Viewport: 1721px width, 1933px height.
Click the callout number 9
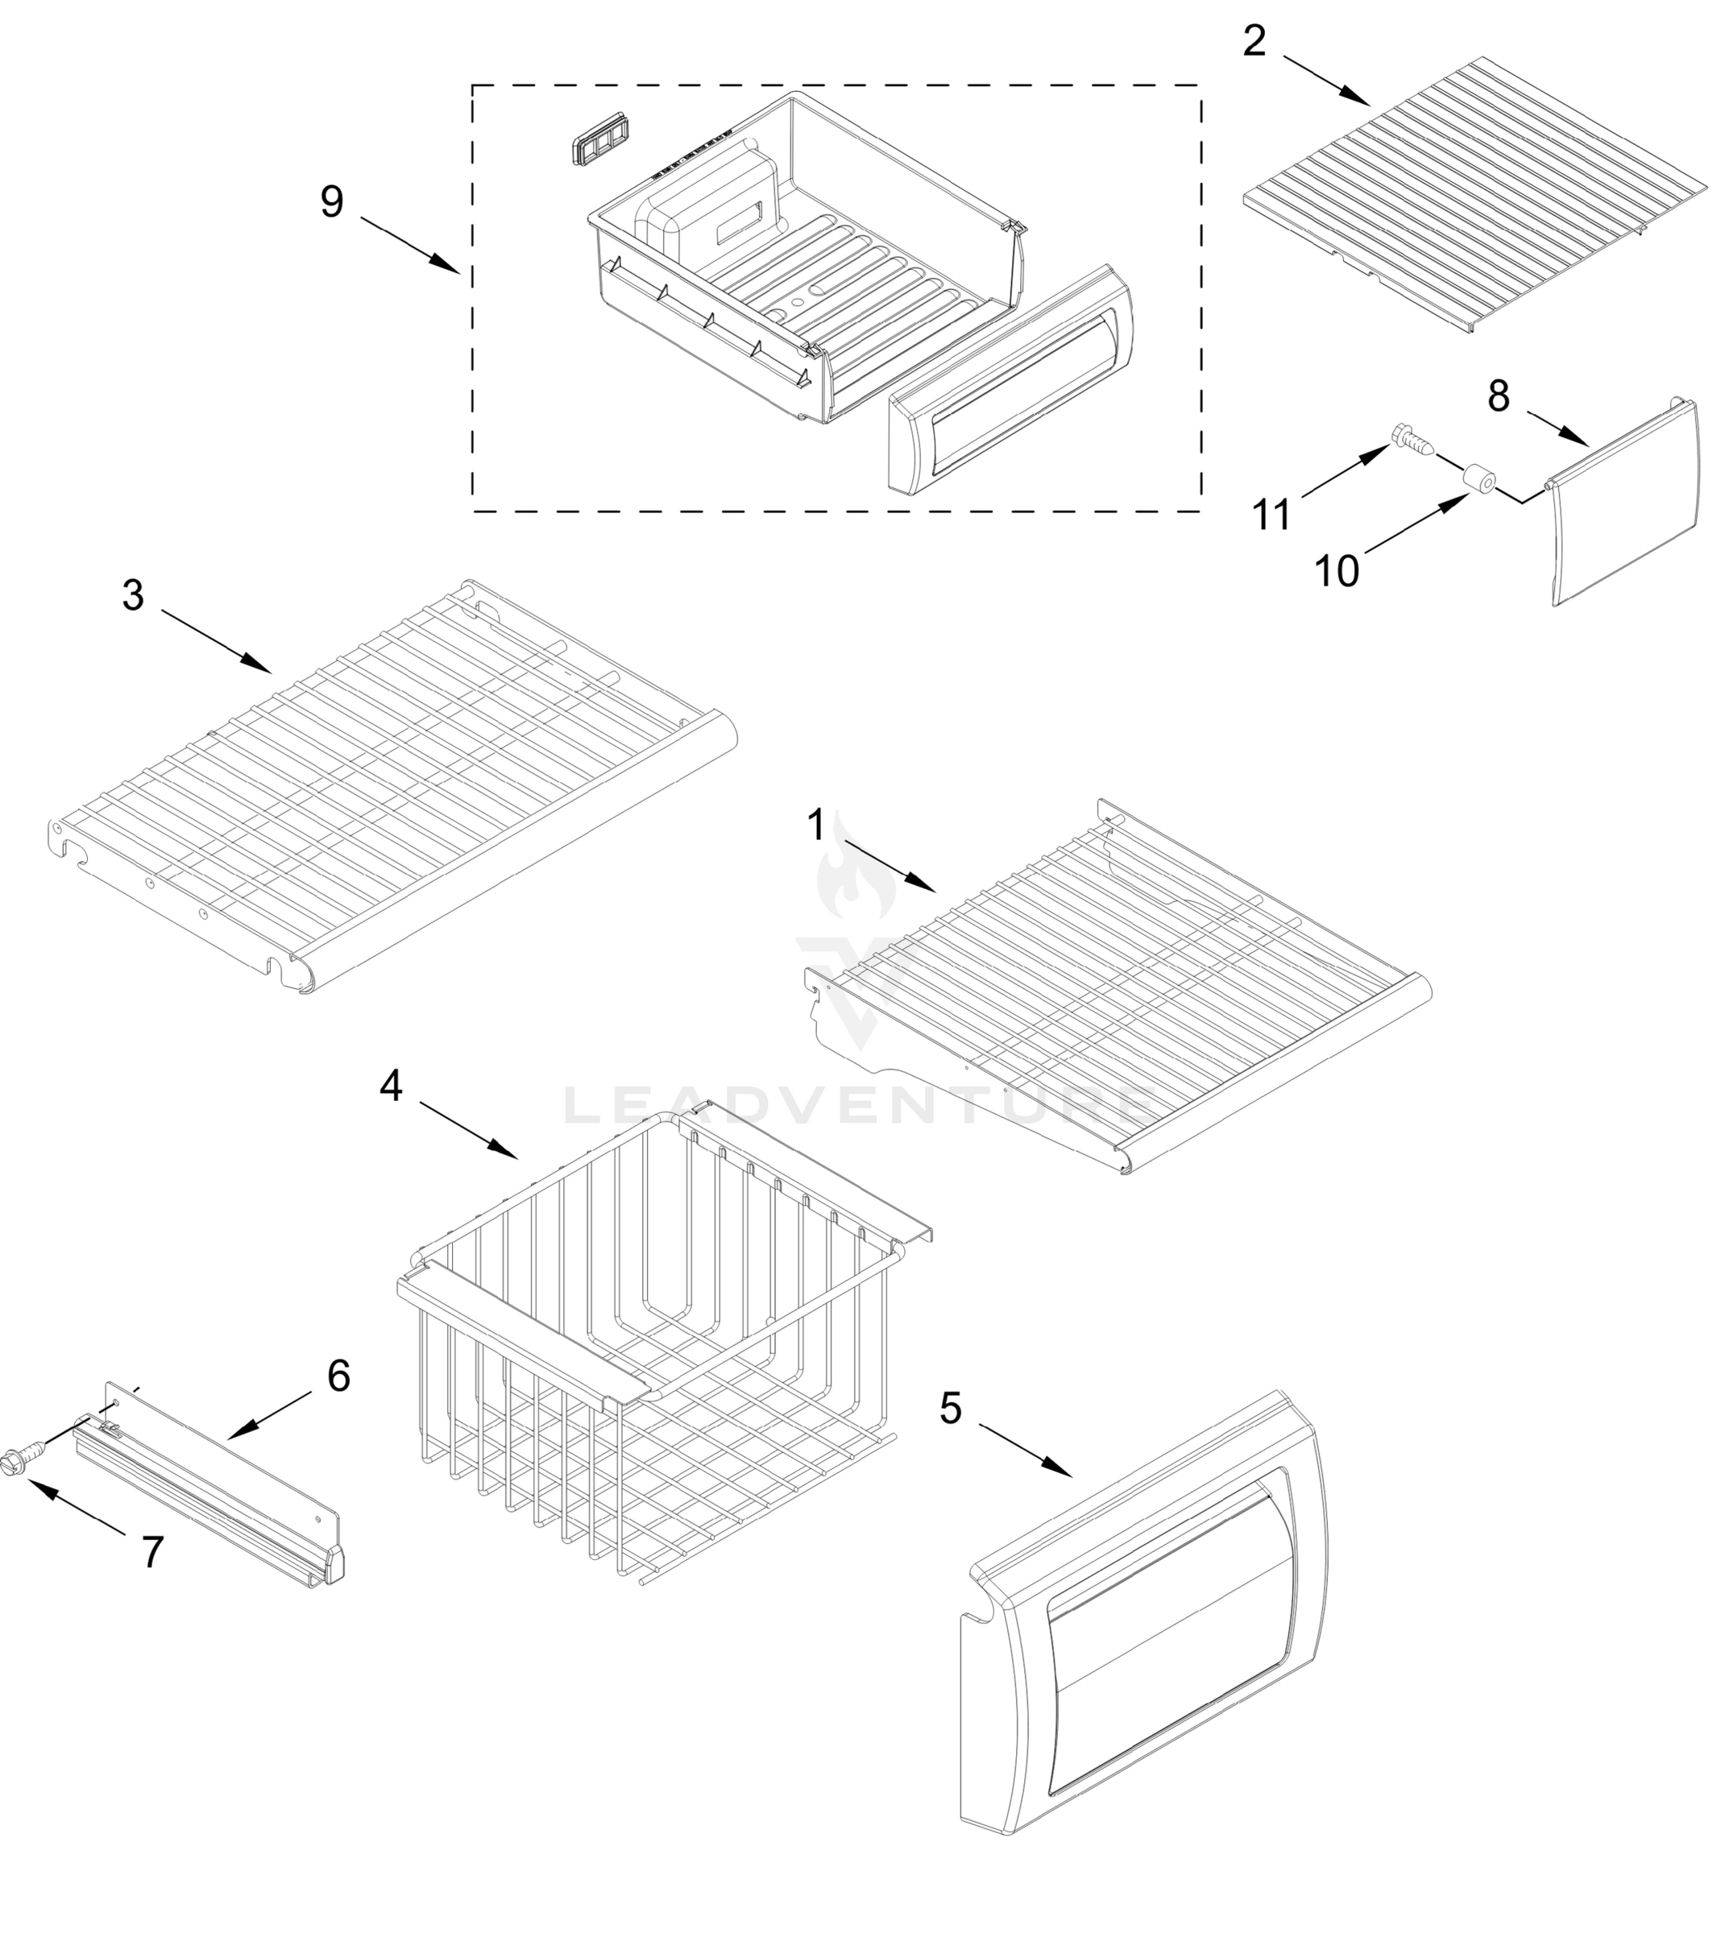tap(331, 201)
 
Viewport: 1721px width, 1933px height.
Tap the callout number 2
tap(1254, 40)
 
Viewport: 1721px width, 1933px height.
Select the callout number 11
tap(1271, 515)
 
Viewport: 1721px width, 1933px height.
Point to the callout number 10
tap(1337, 570)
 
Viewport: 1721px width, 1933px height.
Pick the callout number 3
tap(134, 595)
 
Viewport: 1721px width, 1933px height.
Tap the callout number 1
tap(815, 825)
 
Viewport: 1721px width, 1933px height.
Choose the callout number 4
tap(391, 1086)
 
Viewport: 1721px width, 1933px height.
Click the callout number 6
tap(338, 1375)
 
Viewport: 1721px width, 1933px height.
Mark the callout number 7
tap(152, 1552)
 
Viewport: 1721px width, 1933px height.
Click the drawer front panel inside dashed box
tap(1012, 379)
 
